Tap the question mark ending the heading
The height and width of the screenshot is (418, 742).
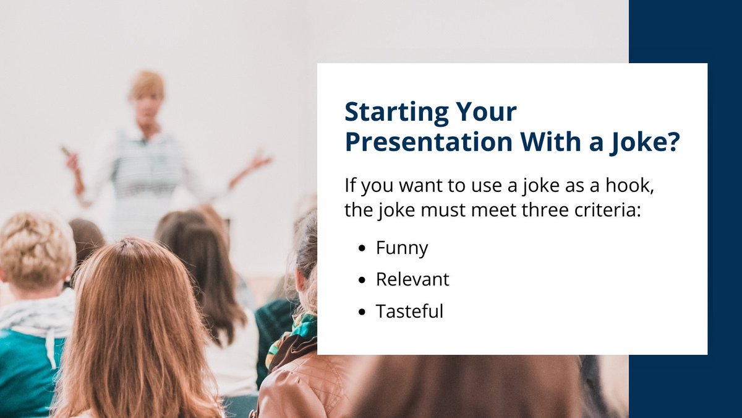click(672, 142)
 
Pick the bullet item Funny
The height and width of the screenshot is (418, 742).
click(402, 248)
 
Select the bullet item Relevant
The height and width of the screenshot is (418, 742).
click(412, 279)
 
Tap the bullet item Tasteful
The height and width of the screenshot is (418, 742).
click(409, 311)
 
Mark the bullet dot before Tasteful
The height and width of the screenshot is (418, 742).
click(362, 311)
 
